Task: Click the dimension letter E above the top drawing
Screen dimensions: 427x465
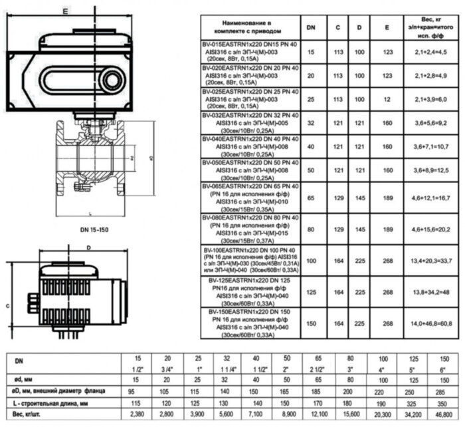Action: (64, 11)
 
